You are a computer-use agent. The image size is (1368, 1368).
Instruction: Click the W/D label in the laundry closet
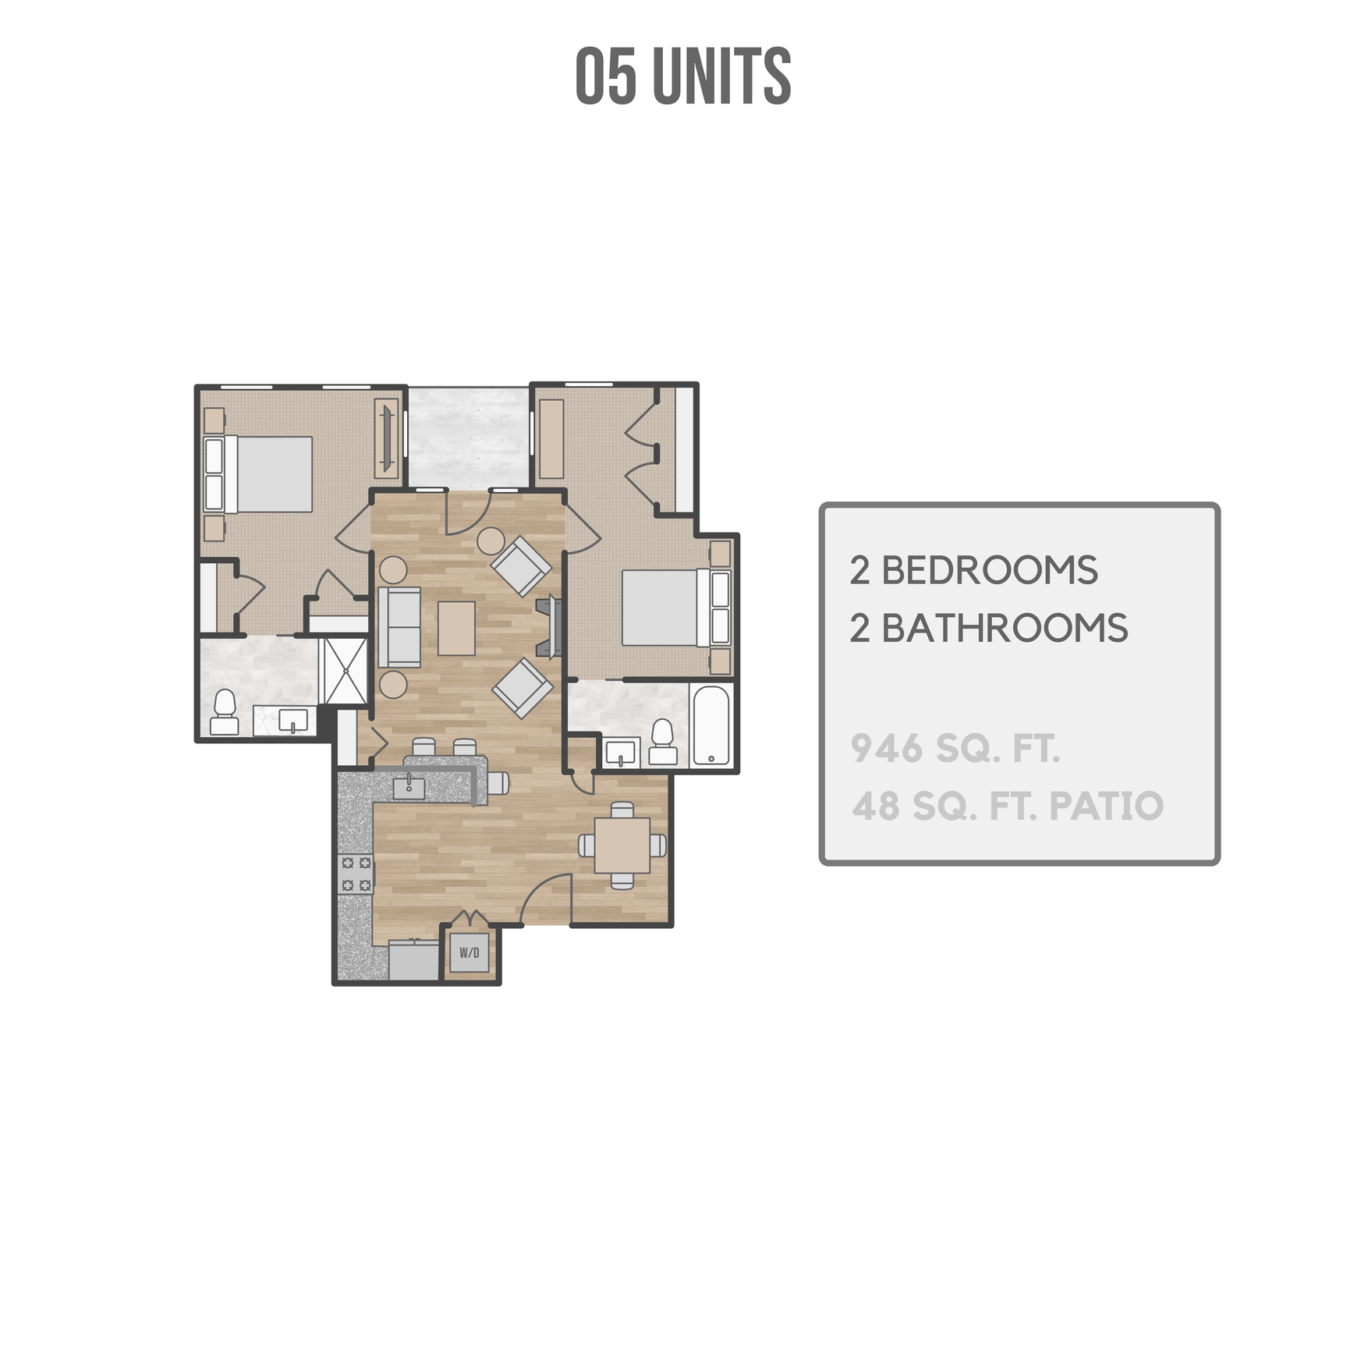coord(469,952)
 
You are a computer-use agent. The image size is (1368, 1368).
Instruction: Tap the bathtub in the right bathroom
coord(711,726)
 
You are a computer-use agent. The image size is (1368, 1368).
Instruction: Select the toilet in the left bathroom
coord(225,713)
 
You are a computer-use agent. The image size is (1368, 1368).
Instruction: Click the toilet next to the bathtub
coord(662,742)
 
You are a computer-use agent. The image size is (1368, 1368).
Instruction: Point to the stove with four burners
coord(356,874)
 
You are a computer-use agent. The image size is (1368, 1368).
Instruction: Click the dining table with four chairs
coord(622,845)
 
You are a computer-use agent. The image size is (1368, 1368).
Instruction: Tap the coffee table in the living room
coord(456,628)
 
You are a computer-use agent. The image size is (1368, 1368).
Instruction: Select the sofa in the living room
coord(399,627)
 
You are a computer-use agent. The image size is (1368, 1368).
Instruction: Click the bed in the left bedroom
coord(265,474)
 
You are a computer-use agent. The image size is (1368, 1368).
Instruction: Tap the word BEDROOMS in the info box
coord(989,571)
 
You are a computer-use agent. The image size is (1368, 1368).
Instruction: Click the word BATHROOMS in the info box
coord(1004,629)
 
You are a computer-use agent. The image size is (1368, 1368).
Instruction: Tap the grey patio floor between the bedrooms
coord(468,437)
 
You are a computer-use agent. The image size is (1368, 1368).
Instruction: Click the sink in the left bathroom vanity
coord(292,720)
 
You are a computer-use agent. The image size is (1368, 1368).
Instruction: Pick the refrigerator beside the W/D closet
coord(414,961)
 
